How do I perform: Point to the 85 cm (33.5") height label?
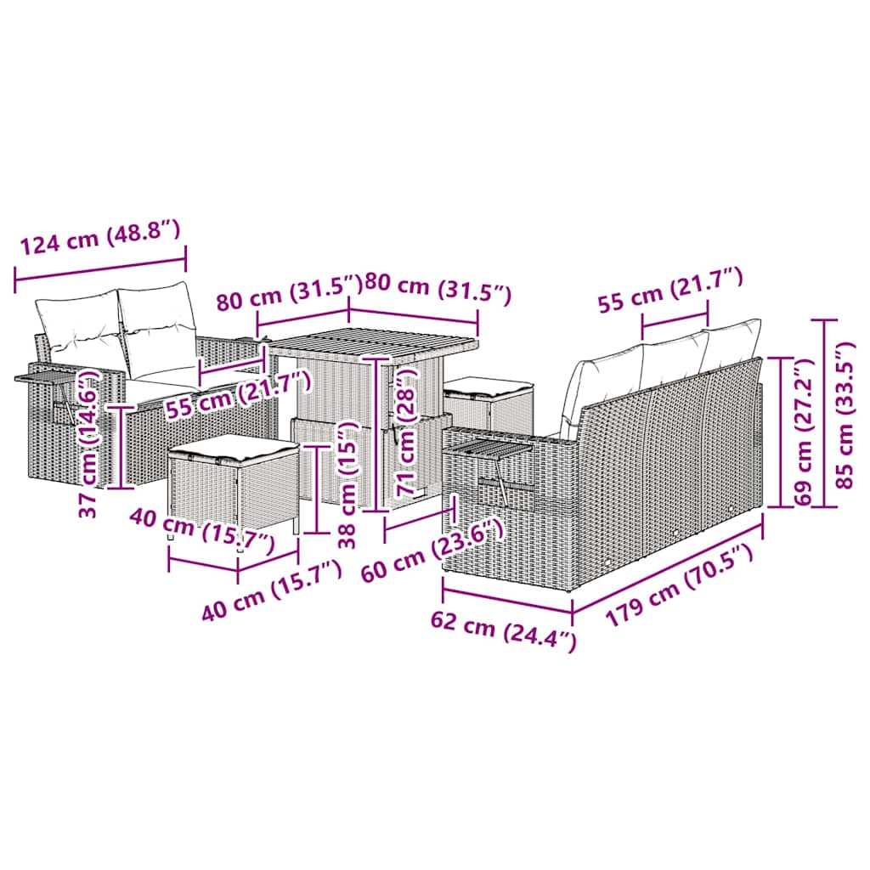click(846, 414)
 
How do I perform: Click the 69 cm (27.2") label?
click(803, 432)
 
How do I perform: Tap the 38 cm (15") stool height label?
click(347, 483)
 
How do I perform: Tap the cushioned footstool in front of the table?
click(233, 483)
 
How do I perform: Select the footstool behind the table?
click(489, 402)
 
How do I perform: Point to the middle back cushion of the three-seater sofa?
click(671, 359)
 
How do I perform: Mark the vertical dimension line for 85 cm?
click(826, 414)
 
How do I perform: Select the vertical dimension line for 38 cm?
click(316, 489)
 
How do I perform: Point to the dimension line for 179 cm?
click(668, 562)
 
